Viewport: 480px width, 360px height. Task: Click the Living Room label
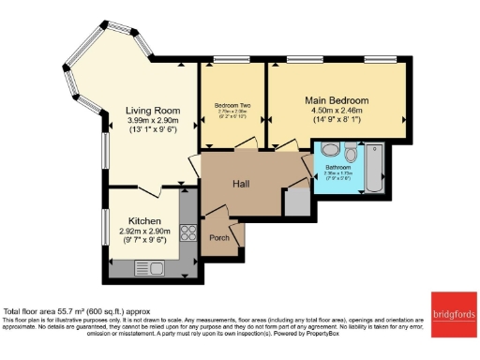153,110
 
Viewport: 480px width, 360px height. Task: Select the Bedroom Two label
231,105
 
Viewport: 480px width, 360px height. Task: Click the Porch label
219,237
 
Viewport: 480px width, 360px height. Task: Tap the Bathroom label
337,167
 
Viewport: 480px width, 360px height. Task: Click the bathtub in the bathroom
374,168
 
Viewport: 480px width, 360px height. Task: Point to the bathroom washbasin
327,148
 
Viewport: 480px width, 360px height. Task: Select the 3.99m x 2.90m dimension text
153,121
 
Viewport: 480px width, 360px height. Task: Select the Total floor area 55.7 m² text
77,311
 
